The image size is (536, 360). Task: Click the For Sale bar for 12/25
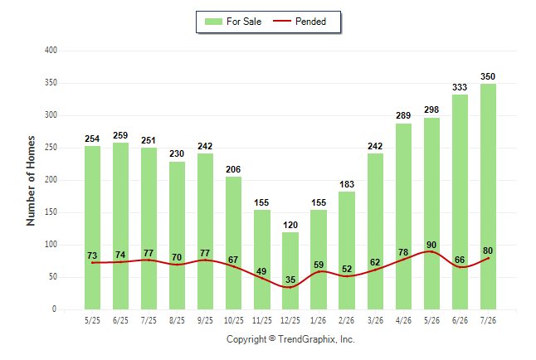(x=290, y=270)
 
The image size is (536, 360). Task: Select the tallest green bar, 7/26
(x=488, y=197)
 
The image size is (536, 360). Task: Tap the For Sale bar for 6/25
(x=120, y=226)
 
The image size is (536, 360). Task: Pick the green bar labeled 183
(x=347, y=251)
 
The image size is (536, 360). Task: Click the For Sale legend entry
(x=233, y=22)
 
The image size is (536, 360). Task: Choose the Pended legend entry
(x=300, y=22)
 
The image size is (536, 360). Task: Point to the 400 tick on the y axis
(x=51, y=51)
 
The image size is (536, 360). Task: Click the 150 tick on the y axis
(x=51, y=212)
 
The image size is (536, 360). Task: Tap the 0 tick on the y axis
(x=54, y=309)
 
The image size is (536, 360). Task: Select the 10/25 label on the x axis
(x=234, y=320)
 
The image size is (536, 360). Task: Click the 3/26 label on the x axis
(x=375, y=320)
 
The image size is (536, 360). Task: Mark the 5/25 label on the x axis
(x=92, y=320)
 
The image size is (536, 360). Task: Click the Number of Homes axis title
(x=31, y=181)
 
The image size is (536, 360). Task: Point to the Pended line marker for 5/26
(x=431, y=251)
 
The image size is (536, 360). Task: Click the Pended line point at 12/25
(x=290, y=287)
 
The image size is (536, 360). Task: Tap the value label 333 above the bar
(x=460, y=88)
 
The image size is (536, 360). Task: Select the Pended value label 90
(x=431, y=245)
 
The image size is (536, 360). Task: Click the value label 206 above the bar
(x=233, y=169)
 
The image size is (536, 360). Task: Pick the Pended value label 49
(x=261, y=271)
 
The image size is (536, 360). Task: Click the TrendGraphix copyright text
(x=290, y=339)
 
